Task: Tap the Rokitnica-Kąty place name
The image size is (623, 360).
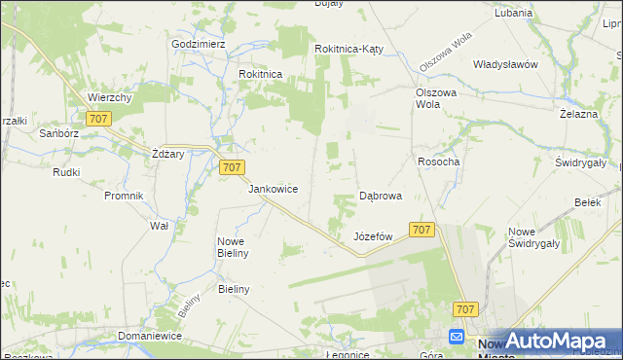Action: point(351,49)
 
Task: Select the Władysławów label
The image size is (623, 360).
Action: point(505,64)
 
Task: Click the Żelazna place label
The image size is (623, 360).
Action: point(578,114)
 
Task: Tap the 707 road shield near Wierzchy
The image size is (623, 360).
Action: point(97,119)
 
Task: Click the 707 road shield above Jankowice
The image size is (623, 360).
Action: point(232,167)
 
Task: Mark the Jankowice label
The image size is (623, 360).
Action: point(274,189)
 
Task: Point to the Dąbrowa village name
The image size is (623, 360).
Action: point(381,196)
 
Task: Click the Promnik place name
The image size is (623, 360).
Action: point(124,196)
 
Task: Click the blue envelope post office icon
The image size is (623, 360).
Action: point(458,337)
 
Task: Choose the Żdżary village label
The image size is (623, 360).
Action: point(168,155)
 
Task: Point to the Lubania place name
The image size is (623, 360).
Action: point(513,14)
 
